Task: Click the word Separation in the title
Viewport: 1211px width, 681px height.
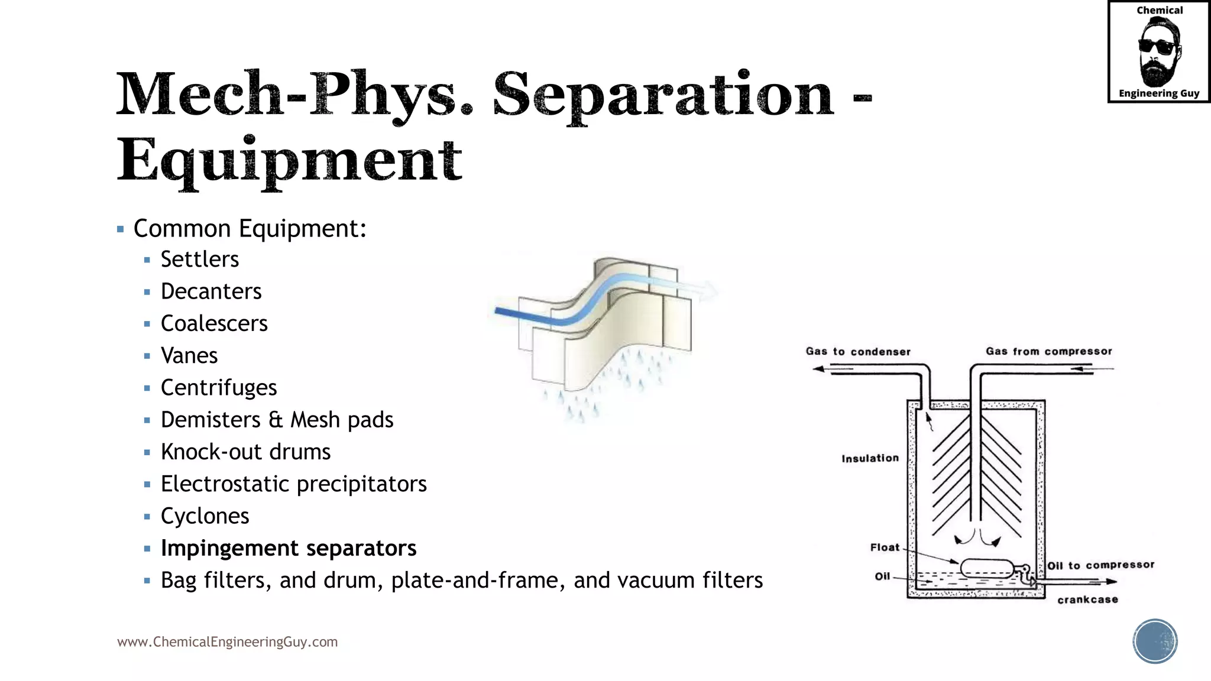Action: [663, 95]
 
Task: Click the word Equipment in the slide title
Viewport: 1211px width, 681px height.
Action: [289, 160]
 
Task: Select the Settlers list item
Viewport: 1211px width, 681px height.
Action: [200, 260]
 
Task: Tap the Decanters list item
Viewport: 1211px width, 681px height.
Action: [211, 291]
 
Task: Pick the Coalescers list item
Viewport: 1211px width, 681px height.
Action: [214, 323]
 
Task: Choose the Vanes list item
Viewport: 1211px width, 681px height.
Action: [189, 355]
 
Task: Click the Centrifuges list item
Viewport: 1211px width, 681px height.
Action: [219, 388]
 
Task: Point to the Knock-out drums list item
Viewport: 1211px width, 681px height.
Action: [245, 452]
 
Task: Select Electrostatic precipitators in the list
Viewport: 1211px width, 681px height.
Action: [293, 484]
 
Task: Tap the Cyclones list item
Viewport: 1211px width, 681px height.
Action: [205, 516]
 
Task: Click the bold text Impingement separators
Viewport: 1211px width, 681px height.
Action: [289, 548]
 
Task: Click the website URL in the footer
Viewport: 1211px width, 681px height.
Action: [228, 642]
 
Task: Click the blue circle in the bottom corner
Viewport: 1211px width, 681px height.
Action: [1155, 641]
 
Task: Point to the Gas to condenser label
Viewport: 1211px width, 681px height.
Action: [858, 352]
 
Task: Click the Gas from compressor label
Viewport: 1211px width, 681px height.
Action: [1048, 351]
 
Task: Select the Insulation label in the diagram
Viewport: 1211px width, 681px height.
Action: [870, 458]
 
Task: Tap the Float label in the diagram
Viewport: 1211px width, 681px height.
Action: [885, 547]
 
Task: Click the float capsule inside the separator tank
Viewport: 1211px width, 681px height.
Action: [987, 568]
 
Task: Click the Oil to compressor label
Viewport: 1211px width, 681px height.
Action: [1100, 565]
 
